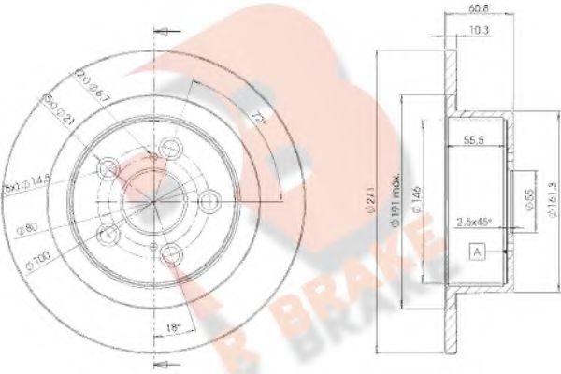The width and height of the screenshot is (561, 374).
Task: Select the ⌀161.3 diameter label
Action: point(547,195)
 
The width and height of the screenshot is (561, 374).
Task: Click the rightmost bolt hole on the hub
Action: point(210,199)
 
